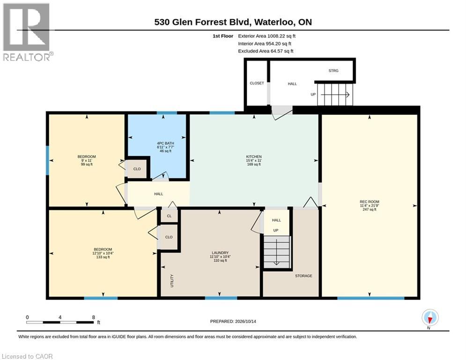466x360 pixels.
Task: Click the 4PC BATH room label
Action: point(165,143)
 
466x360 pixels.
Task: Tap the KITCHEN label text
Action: point(254,157)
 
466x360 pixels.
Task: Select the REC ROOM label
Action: point(370,202)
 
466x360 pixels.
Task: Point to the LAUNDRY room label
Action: point(220,253)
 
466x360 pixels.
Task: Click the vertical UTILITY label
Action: point(172,281)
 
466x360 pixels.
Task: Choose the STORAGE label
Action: point(303,276)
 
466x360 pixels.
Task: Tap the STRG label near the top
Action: point(333,70)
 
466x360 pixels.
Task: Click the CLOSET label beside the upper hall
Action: point(257,83)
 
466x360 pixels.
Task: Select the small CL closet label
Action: point(169,216)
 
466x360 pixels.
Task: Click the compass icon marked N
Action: point(430,318)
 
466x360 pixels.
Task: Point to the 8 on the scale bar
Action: point(93,317)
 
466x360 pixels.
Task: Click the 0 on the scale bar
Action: point(27,317)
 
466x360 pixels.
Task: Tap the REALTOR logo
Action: point(27,32)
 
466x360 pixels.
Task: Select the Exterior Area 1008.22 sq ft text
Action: point(266,36)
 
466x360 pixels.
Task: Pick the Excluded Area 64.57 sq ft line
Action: point(266,51)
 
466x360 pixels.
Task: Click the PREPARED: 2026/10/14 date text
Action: point(233,321)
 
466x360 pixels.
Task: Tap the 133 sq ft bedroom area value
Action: point(103,257)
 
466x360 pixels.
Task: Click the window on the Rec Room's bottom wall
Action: point(370,298)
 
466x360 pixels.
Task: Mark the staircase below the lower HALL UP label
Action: point(277,252)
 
